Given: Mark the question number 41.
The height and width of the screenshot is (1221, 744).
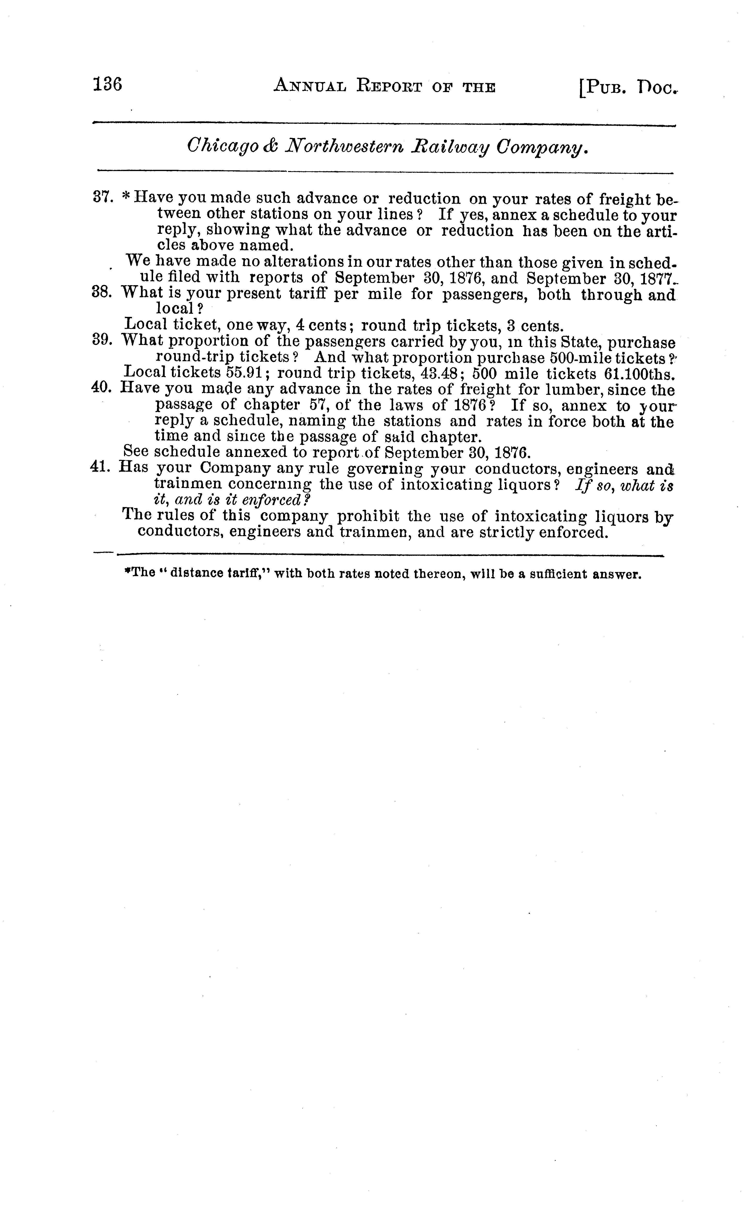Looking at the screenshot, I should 103,467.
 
